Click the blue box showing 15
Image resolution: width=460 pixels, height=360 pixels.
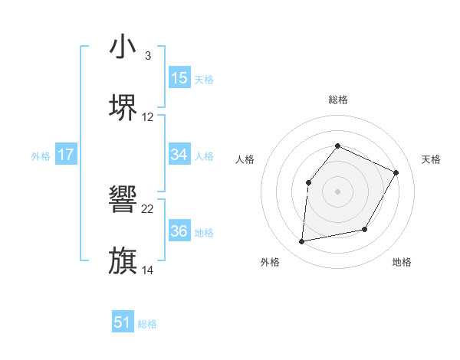179,78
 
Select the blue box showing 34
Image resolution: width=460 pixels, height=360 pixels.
179,155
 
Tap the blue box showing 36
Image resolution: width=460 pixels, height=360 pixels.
179,231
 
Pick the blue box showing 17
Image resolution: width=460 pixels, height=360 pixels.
66,155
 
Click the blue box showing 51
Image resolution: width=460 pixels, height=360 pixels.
123,322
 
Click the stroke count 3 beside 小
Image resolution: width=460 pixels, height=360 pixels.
148,56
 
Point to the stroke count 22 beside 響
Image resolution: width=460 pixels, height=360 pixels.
148,209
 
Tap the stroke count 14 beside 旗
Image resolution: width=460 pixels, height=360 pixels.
148,270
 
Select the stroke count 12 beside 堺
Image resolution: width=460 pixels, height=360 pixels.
148,117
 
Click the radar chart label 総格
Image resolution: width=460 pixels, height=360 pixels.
337,100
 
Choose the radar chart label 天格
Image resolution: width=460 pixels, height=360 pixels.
431,159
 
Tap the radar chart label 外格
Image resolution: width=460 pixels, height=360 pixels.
270,262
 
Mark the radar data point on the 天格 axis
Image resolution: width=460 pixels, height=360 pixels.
396,172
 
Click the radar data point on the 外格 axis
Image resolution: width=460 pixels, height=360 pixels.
302,242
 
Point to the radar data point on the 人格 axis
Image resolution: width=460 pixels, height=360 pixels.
308,182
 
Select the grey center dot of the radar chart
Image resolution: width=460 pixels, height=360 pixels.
337,191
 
